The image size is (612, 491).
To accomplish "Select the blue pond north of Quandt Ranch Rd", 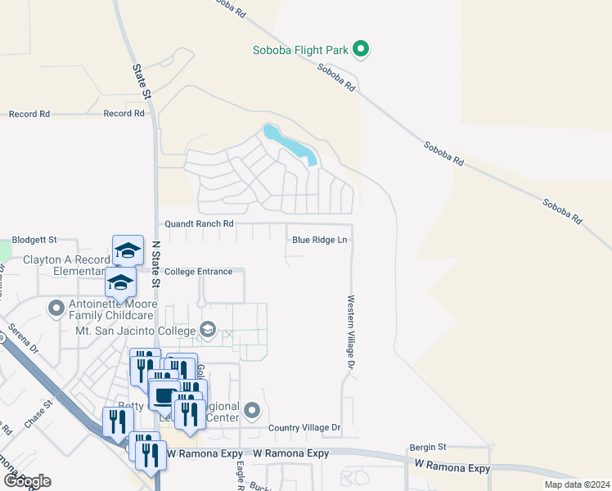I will (290, 144).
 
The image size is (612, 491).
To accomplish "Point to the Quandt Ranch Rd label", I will (199, 223).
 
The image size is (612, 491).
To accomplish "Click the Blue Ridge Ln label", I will (320, 240).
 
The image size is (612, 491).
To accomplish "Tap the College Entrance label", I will (198, 272).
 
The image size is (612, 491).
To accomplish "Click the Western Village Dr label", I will (349, 331).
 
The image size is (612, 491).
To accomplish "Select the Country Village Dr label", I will (304, 428).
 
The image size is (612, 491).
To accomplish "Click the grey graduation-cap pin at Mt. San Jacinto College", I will (208, 330).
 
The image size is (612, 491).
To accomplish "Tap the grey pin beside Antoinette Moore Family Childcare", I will (56, 309).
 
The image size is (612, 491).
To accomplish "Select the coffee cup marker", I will (164, 395).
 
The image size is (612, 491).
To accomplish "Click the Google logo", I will (26, 480).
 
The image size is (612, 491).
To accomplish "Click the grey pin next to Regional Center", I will (252, 409).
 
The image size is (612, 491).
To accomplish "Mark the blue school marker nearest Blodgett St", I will (128, 250).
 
